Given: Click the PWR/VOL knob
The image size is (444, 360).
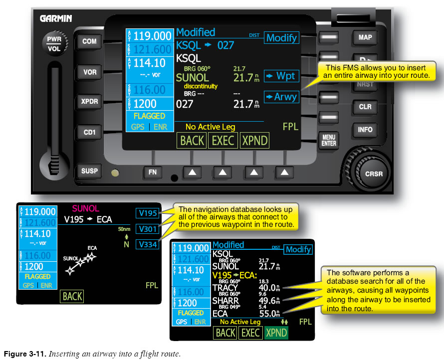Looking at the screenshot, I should (52, 44).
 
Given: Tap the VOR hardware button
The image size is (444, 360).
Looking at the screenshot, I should (90, 72).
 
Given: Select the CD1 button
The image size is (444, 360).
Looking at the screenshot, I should (90, 133).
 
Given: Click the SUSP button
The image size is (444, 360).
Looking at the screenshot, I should (90, 171).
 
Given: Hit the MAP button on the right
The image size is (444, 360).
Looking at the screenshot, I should (365, 37).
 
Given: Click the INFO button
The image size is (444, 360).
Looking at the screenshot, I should (365, 130).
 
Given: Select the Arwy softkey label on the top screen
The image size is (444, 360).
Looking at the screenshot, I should (281, 97).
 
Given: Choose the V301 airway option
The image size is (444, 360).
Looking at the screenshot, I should (148, 229).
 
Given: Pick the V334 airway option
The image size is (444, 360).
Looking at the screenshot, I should (148, 244).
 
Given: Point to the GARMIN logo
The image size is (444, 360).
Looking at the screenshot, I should (56, 18).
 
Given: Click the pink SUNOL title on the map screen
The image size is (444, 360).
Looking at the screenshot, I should (85, 208).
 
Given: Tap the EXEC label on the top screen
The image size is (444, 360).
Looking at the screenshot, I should (223, 141).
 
